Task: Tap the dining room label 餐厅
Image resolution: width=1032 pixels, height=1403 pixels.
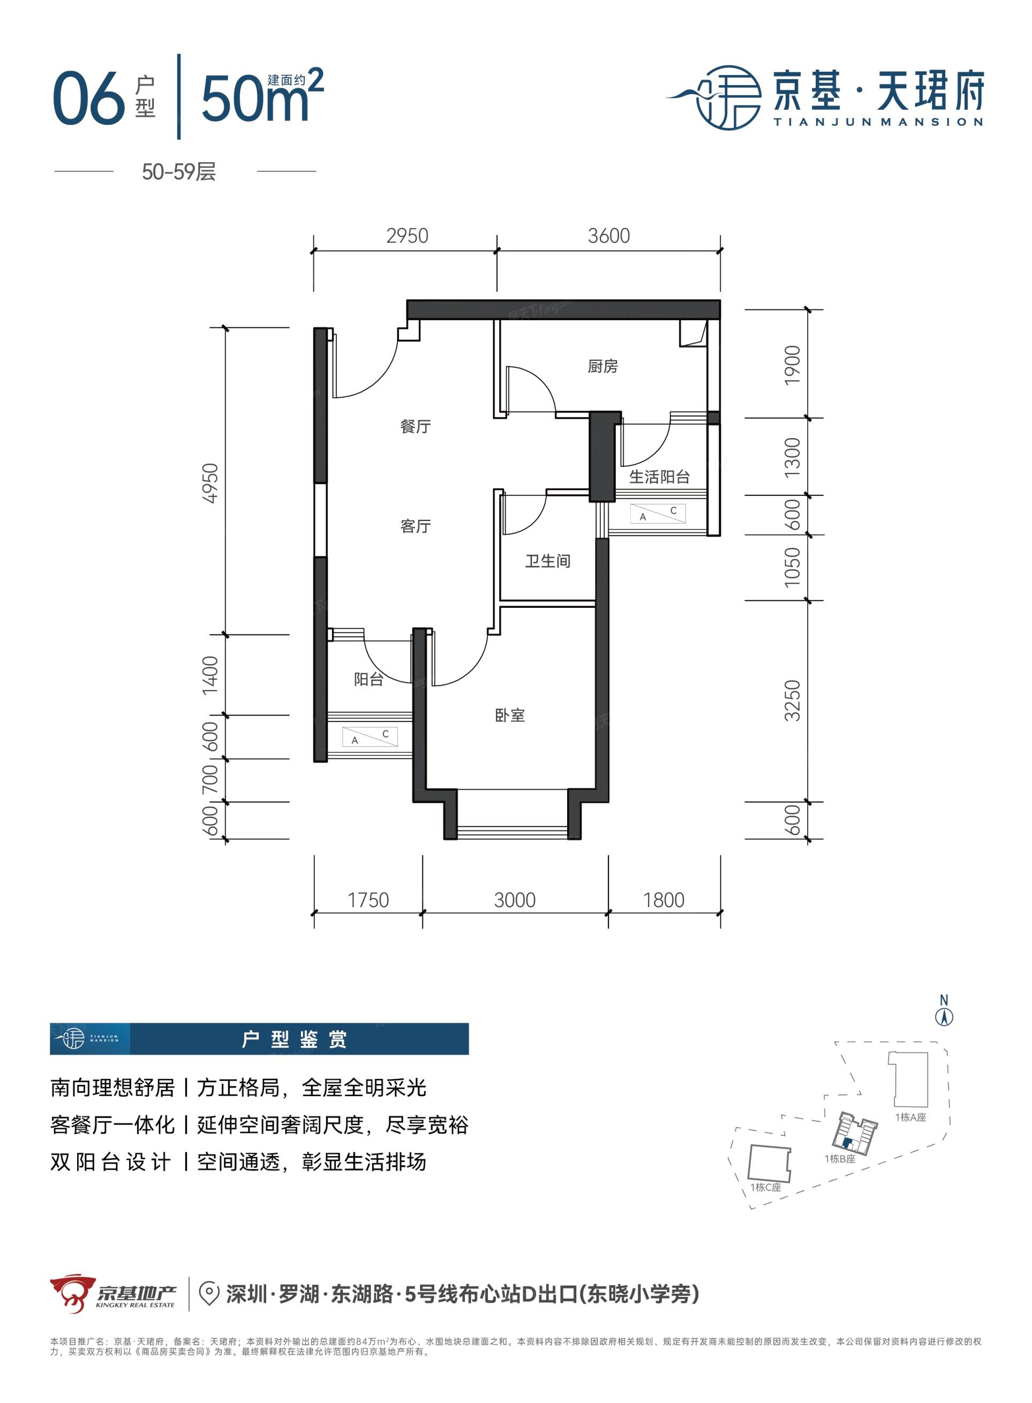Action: click(x=416, y=427)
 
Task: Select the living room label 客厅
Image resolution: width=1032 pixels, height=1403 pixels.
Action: click(x=416, y=526)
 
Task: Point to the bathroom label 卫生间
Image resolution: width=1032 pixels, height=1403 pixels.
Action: click(x=547, y=561)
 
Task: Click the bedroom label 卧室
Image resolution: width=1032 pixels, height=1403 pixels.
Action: click(x=510, y=715)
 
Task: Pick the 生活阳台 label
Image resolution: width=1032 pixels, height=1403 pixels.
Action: click(x=659, y=477)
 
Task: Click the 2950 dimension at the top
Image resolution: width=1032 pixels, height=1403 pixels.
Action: click(x=408, y=236)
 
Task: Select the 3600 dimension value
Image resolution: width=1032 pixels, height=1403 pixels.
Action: click(x=609, y=236)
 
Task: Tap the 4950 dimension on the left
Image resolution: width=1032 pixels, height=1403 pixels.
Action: click(x=211, y=483)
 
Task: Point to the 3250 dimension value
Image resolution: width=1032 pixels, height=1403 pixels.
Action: click(x=792, y=701)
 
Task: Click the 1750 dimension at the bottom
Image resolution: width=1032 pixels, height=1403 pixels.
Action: click(x=368, y=900)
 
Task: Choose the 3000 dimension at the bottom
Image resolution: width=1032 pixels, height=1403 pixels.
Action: click(x=515, y=900)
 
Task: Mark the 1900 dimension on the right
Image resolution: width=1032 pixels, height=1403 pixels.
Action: click(x=792, y=365)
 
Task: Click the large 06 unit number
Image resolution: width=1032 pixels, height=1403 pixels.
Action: click(x=89, y=98)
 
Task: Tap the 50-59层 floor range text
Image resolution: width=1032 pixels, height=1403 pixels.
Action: click(x=179, y=172)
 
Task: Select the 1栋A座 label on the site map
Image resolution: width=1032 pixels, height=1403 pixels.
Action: click(x=910, y=1118)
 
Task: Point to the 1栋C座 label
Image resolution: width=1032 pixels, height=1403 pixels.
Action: click(x=766, y=1188)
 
